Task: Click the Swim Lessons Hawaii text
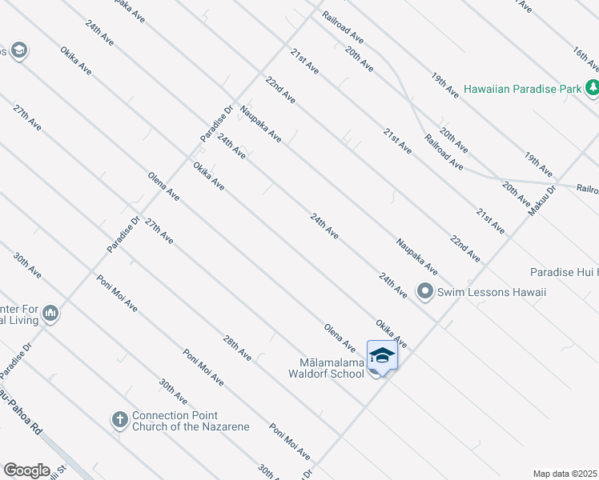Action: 492,292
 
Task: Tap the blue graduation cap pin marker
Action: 382,355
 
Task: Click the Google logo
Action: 26,470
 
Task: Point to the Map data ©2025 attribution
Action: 565,474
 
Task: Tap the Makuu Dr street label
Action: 542,201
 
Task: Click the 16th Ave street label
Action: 586,60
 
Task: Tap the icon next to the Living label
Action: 50,312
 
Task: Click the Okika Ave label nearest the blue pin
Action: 391,334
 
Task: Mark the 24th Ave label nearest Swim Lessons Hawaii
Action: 394,286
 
